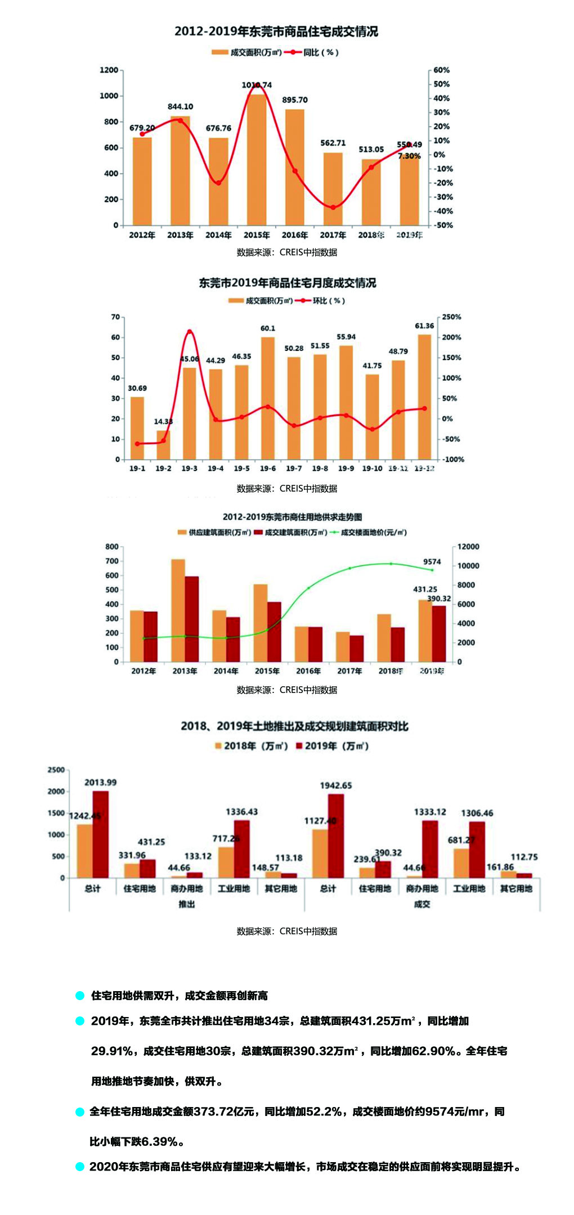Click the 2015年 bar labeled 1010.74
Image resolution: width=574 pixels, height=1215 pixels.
point(257,160)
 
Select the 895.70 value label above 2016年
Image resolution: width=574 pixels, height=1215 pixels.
point(295,100)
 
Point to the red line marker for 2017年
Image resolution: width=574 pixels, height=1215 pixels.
point(333,208)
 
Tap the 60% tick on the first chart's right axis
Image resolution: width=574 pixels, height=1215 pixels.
point(442,70)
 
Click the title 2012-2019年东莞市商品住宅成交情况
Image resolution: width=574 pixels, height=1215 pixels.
point(276,31)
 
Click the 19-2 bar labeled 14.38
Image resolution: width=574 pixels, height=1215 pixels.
point(163,445)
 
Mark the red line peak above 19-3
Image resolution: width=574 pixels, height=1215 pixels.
point(190,332)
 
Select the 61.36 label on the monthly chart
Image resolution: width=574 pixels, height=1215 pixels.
point(424,326)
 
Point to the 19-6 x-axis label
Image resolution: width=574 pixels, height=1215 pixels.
point(268,469)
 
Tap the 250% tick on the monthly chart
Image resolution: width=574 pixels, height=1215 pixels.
point(451,317)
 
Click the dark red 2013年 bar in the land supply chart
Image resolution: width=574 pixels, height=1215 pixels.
point(192,619)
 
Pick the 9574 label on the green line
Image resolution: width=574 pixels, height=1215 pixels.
point(432,562)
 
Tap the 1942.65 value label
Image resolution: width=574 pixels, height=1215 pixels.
point(336,785)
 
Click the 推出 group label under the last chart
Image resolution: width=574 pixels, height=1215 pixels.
point(186,904)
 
